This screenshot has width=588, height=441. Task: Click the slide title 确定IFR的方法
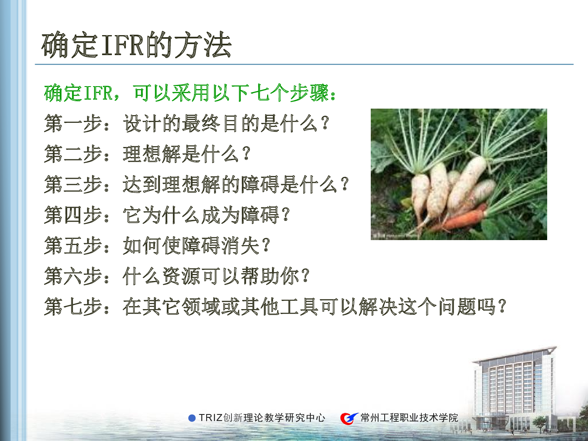click(x=136, y=45)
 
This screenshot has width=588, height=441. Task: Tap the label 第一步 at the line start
click(x=73, y=123)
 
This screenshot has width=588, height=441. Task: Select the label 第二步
click(x=73, y=154)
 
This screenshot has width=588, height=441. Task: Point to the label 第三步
click(x=73, y=185)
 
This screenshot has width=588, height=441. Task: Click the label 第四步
click(x=73, y=215)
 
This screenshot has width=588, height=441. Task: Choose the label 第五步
click(x=73, y=245)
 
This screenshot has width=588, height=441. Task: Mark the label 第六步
click(x=73, y=276)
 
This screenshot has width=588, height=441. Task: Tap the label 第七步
click(x=73, y=307)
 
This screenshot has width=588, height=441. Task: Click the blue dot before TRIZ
click(x=192, y=418)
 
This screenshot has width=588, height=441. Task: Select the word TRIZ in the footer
click(x=211, y=418)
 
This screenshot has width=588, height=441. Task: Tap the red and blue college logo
click(x=349, y=418)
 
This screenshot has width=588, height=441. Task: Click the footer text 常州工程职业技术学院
click(x=409, y=418)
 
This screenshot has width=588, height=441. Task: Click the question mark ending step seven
click(x=502, y=306)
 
